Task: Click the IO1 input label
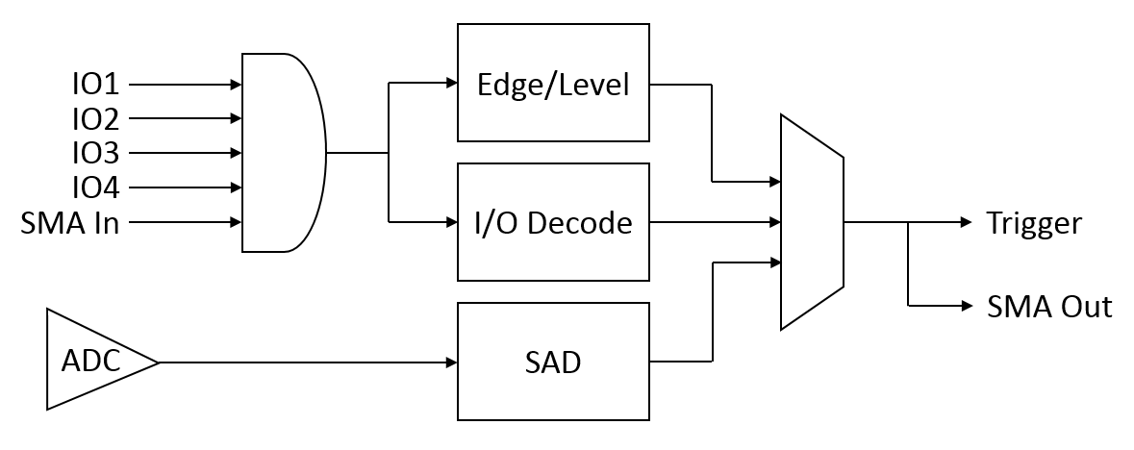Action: pos(95,85)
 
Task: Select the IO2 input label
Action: pos(95,118)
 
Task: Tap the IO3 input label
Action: pos(95,154)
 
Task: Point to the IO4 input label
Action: pos(95,188)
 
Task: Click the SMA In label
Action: pos(70,222)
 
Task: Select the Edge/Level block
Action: pos(553,83)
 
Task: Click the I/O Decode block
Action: pos(553,222)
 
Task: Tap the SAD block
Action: pos(553,362)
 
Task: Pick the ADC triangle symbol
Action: pos(102,361)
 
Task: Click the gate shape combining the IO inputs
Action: pos(284,153)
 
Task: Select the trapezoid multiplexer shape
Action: pos(812,222)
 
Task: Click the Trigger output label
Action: pos(1034,223)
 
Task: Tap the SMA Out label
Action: pos(1049,307)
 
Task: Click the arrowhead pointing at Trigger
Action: pos(967,222)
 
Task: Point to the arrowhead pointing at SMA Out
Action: pos(967,306)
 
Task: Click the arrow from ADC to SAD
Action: pos(308,362)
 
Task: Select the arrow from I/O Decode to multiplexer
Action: pos(716,222)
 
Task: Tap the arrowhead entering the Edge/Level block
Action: pos(451,83)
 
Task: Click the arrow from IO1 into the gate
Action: pos(185,85)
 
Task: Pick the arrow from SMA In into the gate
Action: pos(185,222)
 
